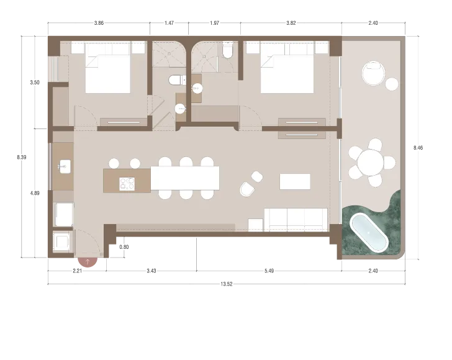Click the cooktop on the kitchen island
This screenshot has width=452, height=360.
point(127,183)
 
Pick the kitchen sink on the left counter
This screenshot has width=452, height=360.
point(63,166)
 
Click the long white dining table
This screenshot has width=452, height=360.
point(186,178)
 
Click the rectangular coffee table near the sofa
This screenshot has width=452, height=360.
point(294,181)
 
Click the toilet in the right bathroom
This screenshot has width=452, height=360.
point(227,51)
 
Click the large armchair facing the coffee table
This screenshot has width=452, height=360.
point(247,189)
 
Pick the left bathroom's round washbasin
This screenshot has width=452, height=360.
point(180,109)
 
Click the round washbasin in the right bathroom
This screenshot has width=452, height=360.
point(197,88)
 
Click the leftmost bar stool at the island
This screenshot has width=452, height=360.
point(114,163)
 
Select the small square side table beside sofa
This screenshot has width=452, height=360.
point(255,224)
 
